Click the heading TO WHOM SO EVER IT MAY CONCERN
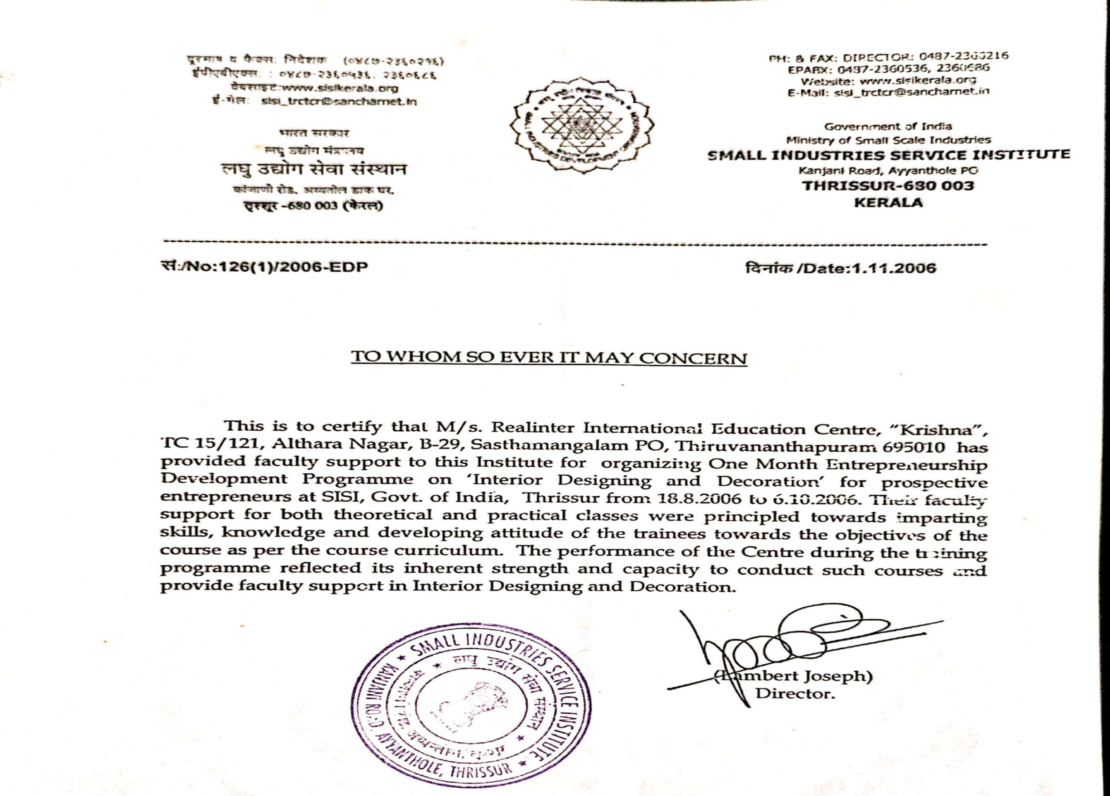(x=548, y=357)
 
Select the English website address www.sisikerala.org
(x=917, y=80)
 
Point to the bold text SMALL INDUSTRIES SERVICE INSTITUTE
(x=888, y=156)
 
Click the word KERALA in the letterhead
(x=888, y=202)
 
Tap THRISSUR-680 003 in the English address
(x=888, y=186)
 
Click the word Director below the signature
(x=794, y=694)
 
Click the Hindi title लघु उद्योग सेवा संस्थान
(x=313, y=170)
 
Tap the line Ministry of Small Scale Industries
(x=888, y=140)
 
